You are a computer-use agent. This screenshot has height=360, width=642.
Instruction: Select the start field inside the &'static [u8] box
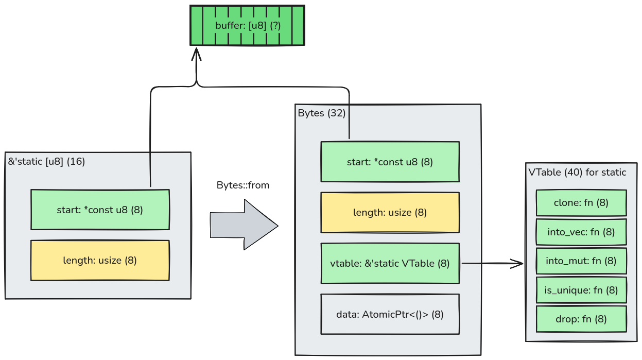click(x=100, y=210)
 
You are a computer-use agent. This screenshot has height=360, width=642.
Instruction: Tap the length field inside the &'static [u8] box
click(x=100, y=261)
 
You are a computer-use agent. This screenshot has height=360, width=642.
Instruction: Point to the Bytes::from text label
click(x=242, y=185)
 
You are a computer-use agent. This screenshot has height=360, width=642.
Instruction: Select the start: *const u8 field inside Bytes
click(x=390, y=162)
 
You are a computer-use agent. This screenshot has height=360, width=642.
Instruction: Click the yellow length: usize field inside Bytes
click(x=390, y=212)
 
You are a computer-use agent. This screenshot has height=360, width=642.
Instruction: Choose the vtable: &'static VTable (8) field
click(x=390, y=263)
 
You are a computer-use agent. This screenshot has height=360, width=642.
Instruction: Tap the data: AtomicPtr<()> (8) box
click(x=390, y=314)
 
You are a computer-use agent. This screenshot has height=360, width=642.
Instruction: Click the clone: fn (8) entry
click(x=581, y=203)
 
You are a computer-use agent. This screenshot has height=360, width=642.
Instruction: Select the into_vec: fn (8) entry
click(x=581, y=232)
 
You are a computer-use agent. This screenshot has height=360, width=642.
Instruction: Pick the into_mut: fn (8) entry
click(x=581, y=261)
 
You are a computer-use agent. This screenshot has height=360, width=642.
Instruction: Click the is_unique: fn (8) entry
click(x=581, y=290)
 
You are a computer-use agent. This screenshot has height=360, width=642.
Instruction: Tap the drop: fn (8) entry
click(x=581, y=319)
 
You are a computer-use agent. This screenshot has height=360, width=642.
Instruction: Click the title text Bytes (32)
click(x=321, y=113)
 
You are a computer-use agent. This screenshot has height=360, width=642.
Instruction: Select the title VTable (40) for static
click(x=577, y=172)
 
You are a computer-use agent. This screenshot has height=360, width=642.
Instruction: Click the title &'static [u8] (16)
click(x=46, y=161)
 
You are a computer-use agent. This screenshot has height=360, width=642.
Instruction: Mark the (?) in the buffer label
click(x=275, y=25)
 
